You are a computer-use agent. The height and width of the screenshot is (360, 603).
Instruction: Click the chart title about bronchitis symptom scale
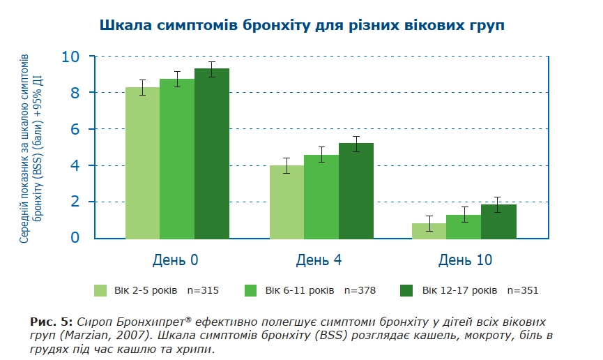point(301,25)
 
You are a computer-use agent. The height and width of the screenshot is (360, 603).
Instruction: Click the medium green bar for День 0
point(177,159)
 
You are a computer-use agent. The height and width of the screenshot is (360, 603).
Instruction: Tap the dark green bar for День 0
point(212,154)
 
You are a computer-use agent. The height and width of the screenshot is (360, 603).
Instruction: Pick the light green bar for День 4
point(287,202)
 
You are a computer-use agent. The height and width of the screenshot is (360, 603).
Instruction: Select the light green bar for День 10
point(429,231)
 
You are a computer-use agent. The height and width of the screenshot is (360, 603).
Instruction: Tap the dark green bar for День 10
point(498,222)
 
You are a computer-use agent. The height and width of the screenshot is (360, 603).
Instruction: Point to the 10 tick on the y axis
point(70,57)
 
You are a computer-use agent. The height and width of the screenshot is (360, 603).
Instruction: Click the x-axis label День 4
point(319,260)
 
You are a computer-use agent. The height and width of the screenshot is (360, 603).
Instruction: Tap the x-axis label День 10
point(465,260)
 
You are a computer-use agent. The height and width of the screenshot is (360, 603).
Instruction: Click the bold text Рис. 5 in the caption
point(51,322)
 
